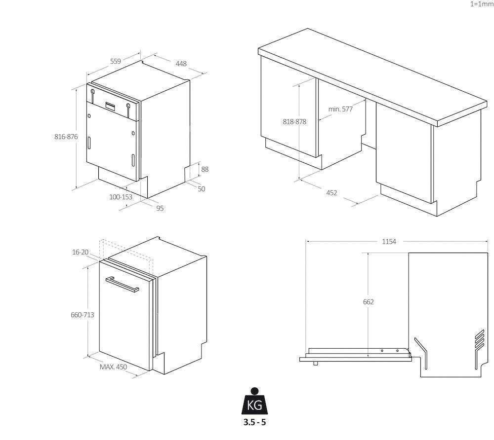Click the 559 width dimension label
(116, 61)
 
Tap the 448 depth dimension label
(181, 64)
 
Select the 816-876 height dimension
(66, 137)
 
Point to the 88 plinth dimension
(205, 169)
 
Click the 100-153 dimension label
(121, 197)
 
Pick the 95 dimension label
(160, 208)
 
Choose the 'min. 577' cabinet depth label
(340, 109)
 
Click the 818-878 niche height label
(294, 122)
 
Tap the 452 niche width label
(331, 193)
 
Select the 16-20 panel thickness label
(81, 252)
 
